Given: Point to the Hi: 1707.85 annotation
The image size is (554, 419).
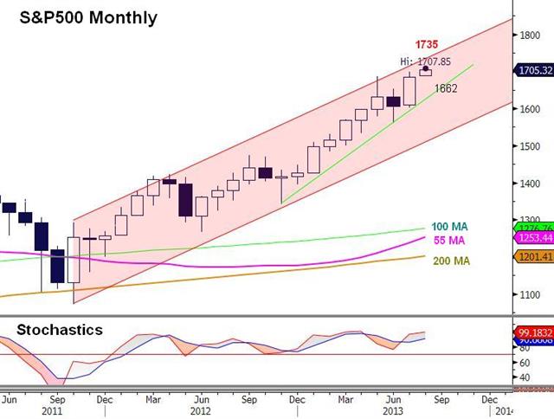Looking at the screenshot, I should point(427,61).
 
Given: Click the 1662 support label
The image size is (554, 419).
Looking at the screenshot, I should point(446,87).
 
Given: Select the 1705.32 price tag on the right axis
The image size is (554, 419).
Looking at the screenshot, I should point(532,71).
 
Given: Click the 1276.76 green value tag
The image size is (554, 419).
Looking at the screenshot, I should point(532,229).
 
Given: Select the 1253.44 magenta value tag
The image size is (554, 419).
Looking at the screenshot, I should point(532,237).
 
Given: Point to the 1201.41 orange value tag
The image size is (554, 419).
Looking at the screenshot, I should point(532,256).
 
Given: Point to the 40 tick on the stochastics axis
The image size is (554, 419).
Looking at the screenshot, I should point(525,377).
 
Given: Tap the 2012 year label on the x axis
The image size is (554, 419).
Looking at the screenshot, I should point(201,413).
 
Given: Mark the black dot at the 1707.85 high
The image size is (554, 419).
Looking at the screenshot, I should point(425,68).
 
